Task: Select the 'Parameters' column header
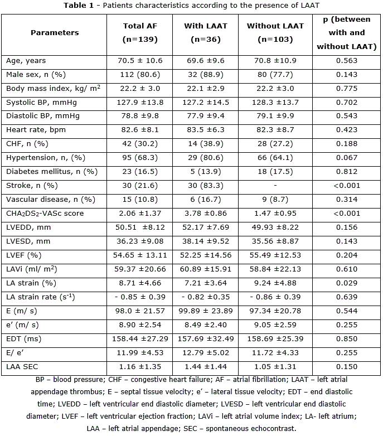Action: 55,33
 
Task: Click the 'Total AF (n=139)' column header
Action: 140,33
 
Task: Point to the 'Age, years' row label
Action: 26,60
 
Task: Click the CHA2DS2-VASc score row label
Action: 46,214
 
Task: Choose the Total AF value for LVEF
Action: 140,255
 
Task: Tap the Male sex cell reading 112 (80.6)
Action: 140,74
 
